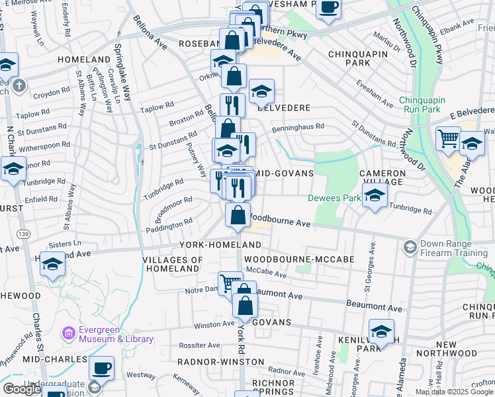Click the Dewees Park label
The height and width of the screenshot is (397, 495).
pos(334,198)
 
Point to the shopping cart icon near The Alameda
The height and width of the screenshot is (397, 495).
pos(448,138)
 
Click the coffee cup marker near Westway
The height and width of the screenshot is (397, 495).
pos(101,367)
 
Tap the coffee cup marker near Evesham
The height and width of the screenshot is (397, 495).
pos(328,8)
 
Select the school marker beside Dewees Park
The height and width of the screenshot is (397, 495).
pos(375,196)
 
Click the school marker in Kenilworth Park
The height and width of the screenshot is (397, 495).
pos(381,330)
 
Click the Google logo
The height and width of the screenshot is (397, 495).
pos(22,389)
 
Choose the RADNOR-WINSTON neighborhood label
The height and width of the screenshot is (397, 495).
pos(220,362)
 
